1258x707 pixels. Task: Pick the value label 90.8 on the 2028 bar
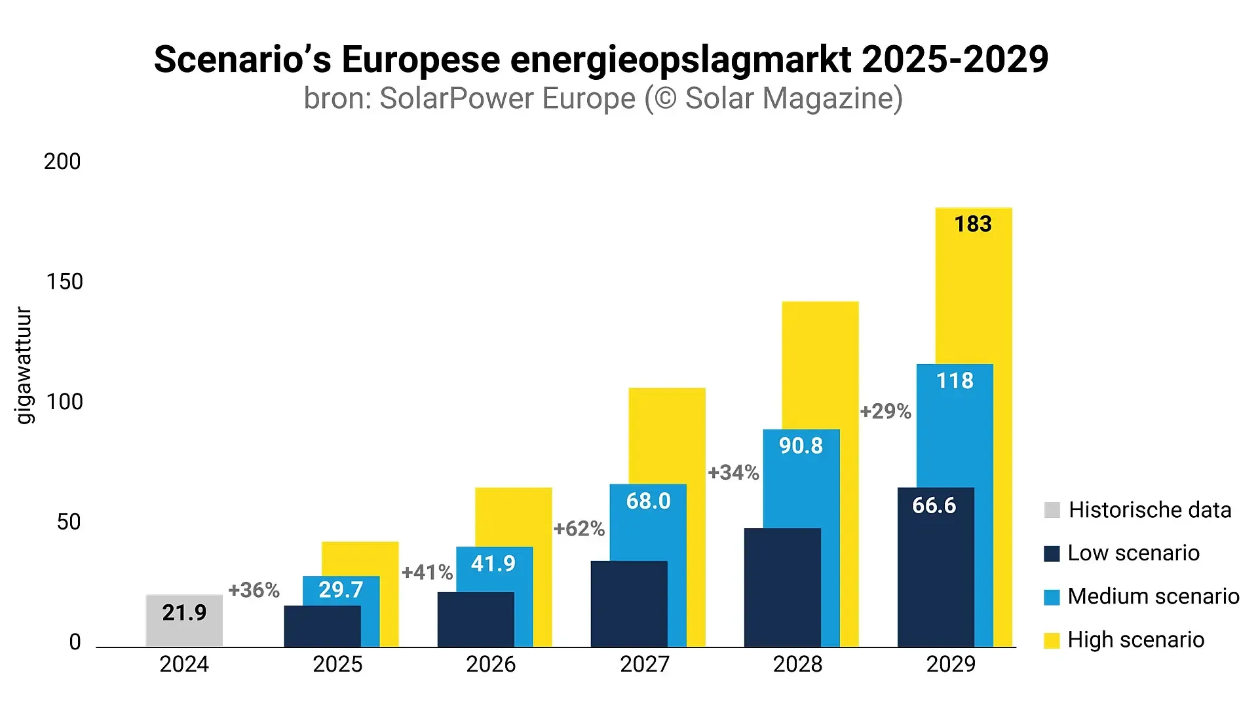tap(801, 446)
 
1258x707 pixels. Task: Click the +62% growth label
tap(579, 528)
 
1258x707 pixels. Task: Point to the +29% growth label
tap(885, 411)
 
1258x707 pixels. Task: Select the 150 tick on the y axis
tap(64, 281)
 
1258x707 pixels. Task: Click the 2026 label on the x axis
tap(491, 664)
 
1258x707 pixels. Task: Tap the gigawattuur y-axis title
tap(24, 365)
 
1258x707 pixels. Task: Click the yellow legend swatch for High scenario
tap(1052, 640)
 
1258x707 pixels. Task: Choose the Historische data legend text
tap(1150, 509)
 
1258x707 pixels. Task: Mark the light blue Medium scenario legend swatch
tap(1052, 597)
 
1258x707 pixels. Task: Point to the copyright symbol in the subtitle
tap(664, 99)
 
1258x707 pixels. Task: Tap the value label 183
tap(973, 224)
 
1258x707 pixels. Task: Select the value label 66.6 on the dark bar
tap(934, 505)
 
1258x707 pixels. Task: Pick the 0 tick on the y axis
tap(75, 642)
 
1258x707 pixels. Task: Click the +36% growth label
tap(254, 590)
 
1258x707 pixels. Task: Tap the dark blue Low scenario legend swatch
tap(1052, 554)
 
